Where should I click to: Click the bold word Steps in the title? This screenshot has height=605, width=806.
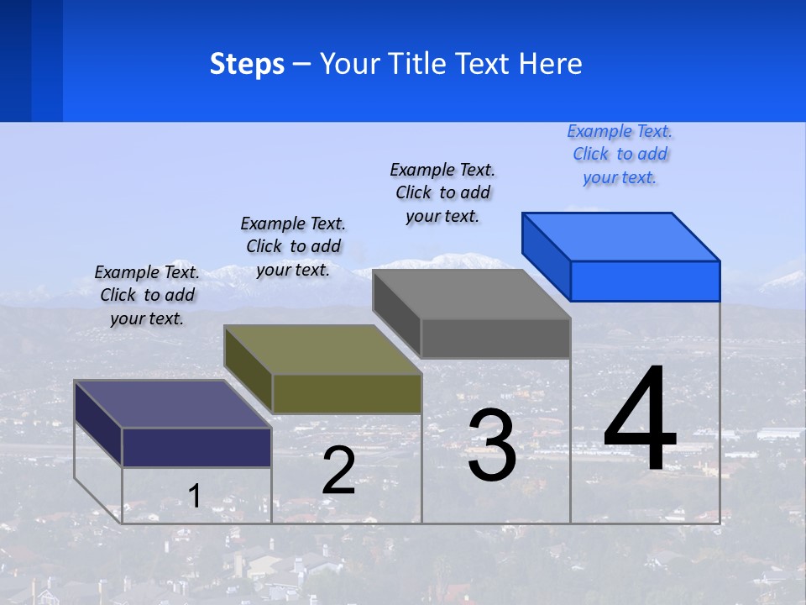[247, 64]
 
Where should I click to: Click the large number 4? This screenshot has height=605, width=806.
[640, 420]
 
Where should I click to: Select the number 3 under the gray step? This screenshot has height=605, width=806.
[492, 445]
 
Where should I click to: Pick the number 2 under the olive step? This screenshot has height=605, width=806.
[338, 471]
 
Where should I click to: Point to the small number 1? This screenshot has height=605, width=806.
[194, 496]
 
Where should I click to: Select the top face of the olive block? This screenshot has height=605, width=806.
[323, 349]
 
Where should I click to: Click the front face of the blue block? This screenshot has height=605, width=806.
[645, 281]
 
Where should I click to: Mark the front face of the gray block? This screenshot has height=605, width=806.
[495, 338]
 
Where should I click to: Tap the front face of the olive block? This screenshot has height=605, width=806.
[347, 393]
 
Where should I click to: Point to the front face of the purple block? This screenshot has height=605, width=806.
[196, 447]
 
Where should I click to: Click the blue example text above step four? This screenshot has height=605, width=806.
[620, 154]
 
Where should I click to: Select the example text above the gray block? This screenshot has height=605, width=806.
[442, 192]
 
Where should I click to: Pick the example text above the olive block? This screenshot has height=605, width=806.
[293, 246]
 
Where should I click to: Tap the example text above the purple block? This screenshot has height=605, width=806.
[147, 295]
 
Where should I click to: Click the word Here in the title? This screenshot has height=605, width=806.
[552, 64]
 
